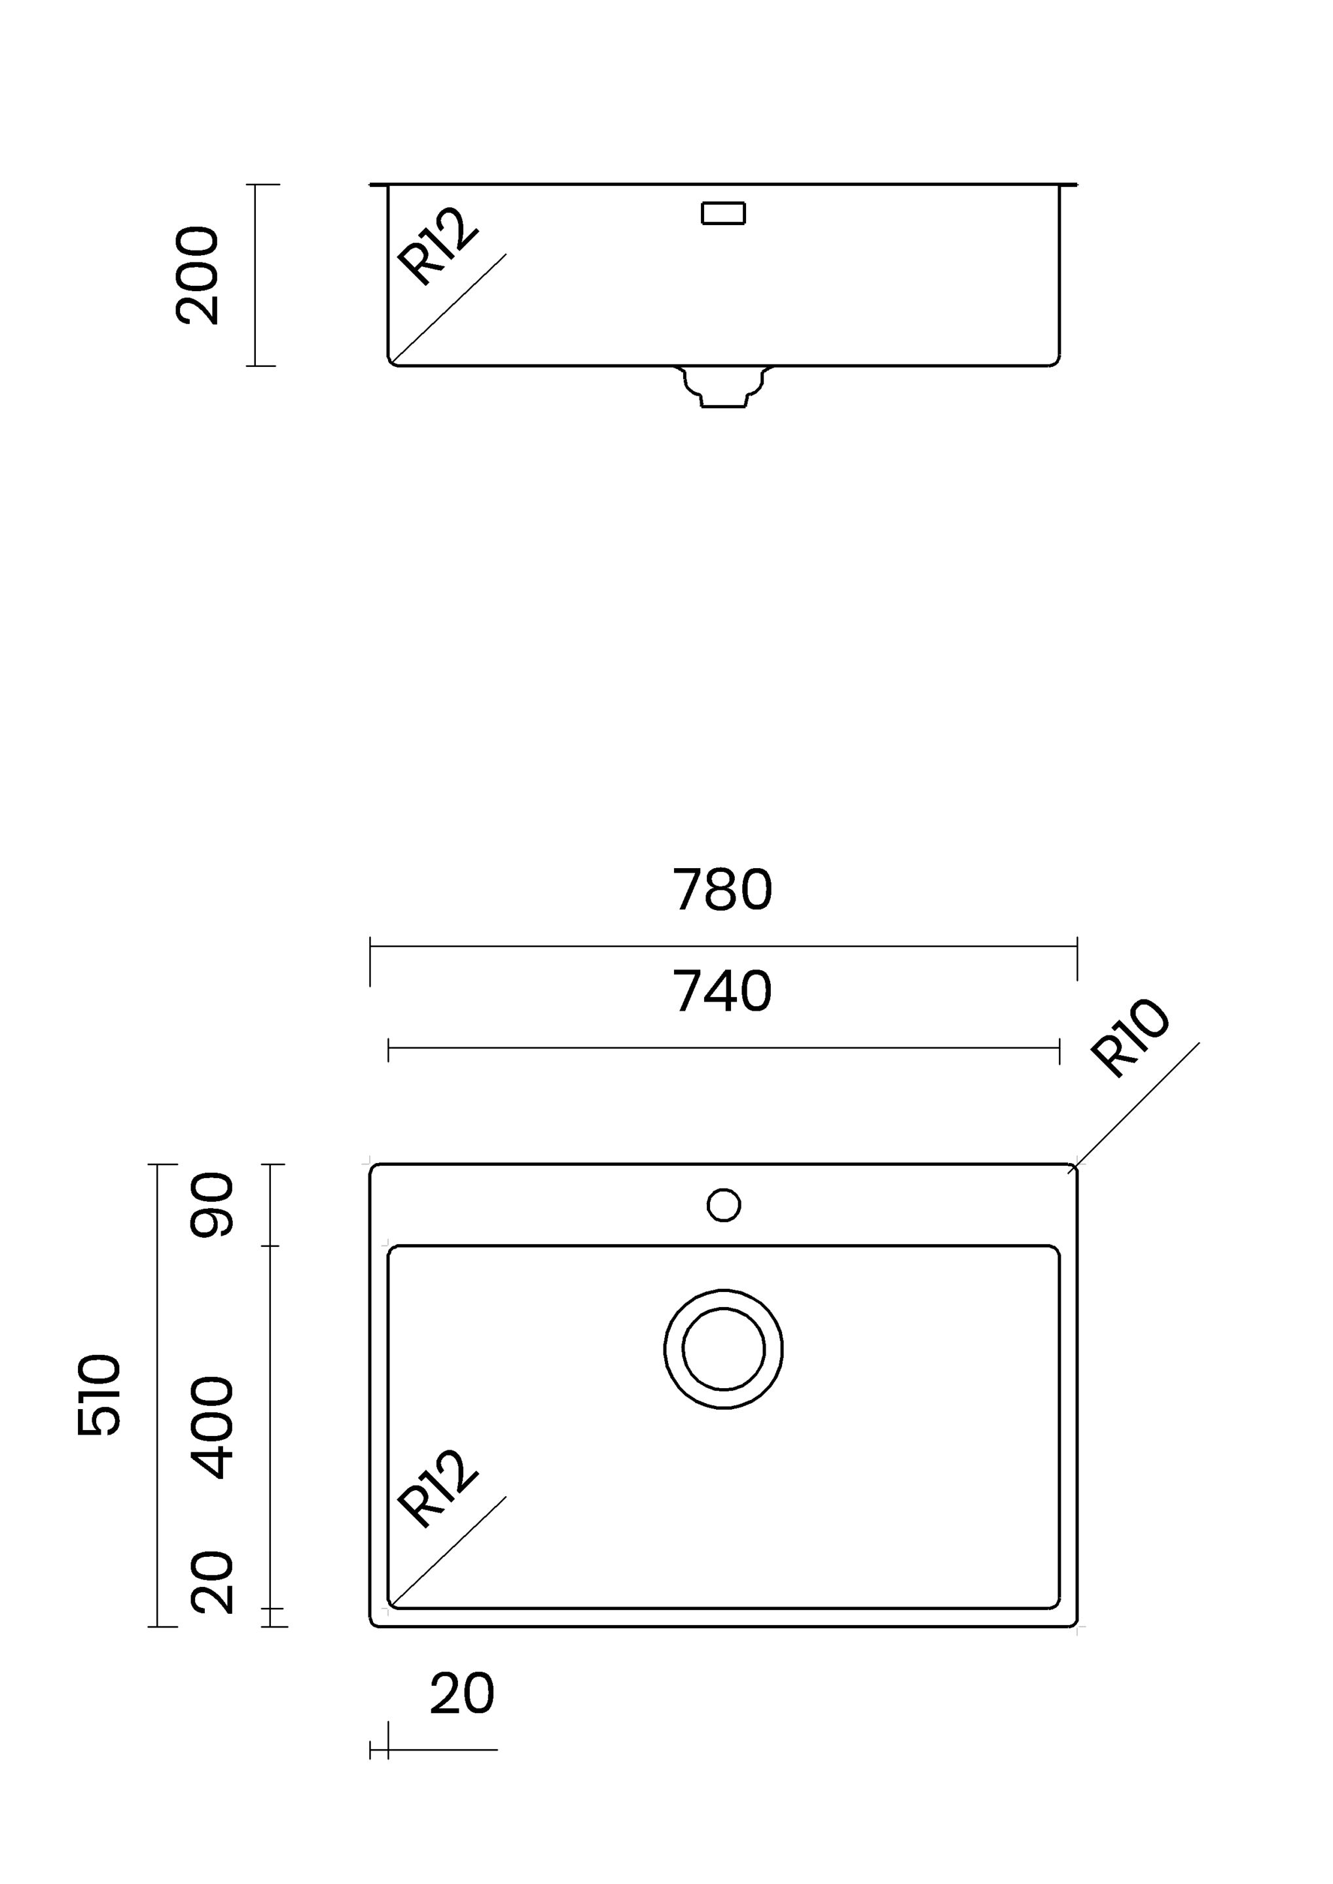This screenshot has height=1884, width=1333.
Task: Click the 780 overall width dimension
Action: coord(722,890)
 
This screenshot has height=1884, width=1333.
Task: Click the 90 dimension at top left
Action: coord(212,1204)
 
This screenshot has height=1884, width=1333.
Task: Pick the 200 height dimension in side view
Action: coord(198,275)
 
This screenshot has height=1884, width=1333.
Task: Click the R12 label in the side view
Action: coord(436,246)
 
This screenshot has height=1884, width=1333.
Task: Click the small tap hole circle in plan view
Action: coord(723,1204)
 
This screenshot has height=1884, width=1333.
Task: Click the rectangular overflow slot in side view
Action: coord(723,213)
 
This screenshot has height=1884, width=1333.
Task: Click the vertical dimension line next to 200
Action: coord(256,275)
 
